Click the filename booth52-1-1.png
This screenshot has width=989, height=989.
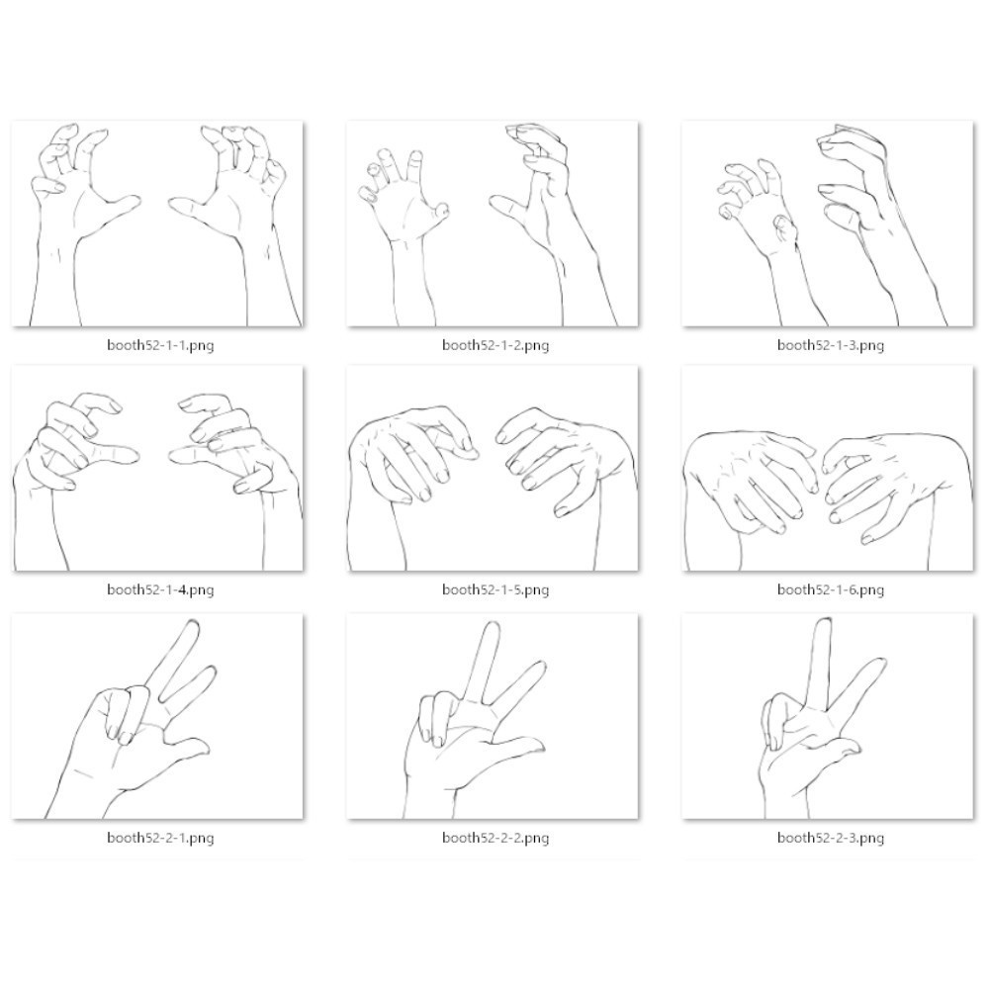click(160, 345)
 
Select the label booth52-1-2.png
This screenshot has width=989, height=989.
click(495, 345)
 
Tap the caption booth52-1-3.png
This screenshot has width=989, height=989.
click(830, 345)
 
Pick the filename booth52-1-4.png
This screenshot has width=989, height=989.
click(160, 590)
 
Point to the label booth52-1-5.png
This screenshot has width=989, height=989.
click(495, 590)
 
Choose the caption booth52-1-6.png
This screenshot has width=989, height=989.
click(830, 590)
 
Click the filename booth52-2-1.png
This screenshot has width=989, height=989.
click(160, 839)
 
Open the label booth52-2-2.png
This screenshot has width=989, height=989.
click(495, 839)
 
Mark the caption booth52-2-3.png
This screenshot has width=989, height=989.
click(830, 839)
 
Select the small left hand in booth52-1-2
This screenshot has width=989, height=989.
click(404, 202)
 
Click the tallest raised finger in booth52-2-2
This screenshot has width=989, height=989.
click(486, 663)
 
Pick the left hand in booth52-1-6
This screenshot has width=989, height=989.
click(751, 480)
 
